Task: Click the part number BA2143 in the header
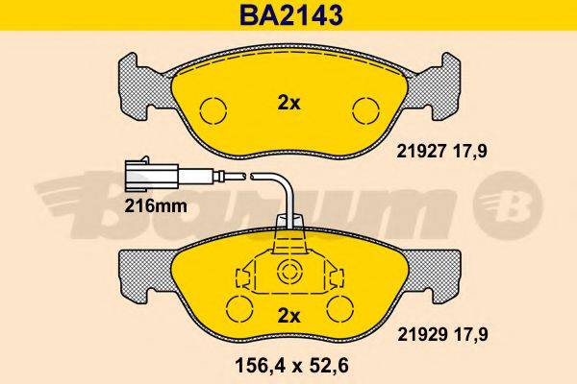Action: pos(288,15)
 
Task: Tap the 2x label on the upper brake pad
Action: pos(288,105)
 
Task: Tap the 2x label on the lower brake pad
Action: pos(288,315)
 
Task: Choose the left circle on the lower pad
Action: pos(238,309)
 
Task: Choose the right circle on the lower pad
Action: pos(339,309)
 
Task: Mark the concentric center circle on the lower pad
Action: pos(288,274)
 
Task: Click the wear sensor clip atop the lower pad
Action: pos(288,230)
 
